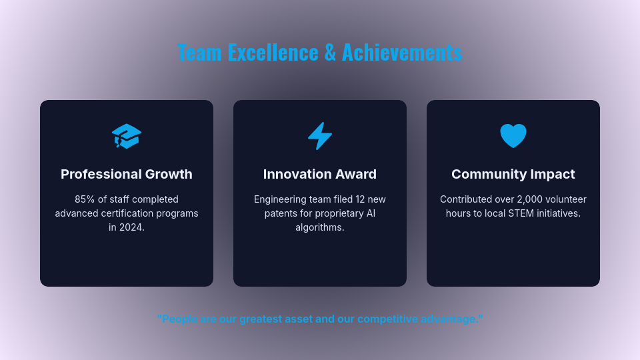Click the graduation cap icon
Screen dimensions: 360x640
click(x=127, y=136)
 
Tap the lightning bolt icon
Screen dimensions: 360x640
click(x=320, y=136)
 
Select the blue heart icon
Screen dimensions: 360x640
click(x=513, y=136)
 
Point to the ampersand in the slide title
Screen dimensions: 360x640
click(x=330, y=52)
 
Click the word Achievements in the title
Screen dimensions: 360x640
click(x=401, y=52)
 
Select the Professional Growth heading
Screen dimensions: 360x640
click(x=127, y=174)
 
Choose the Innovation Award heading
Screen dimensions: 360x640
click(x=320, y=174)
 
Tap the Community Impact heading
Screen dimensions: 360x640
click(x=513, y=174)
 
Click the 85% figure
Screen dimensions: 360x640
click(x=85, y=199)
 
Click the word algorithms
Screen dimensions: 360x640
click(x=320, y=227)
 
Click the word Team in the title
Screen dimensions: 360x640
click(x=199, y=52)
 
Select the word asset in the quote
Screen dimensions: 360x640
click(x=298, y=319)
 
